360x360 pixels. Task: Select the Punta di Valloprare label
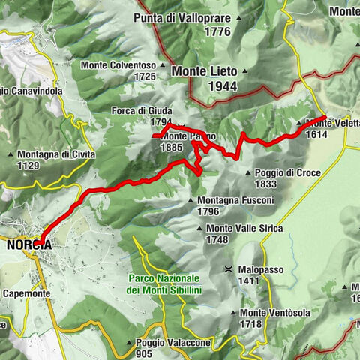click(182, 18)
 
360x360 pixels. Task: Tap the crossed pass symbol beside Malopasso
click(226, 268)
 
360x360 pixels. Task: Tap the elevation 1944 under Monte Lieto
click(204, 85)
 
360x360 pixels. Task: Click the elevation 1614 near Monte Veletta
click(316, 134)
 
